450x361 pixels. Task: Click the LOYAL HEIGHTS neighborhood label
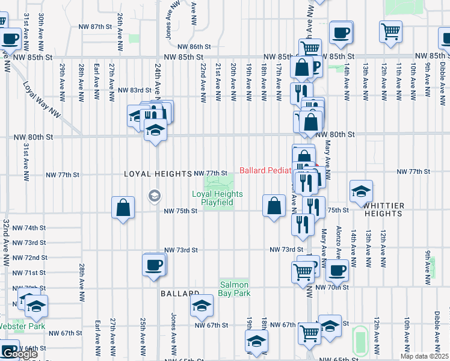[158, 174]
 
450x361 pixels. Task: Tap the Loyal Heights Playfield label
[217, 198]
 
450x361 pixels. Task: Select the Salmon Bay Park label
[235, 289]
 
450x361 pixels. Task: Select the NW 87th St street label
[95, 27]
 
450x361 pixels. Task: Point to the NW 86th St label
[194, 46]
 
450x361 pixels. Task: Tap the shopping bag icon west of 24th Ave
[123, 208]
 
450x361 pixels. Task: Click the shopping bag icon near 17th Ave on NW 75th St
[274, 206]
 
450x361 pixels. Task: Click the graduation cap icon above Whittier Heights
[361, 191]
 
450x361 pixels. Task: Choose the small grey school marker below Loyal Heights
[154, 195]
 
